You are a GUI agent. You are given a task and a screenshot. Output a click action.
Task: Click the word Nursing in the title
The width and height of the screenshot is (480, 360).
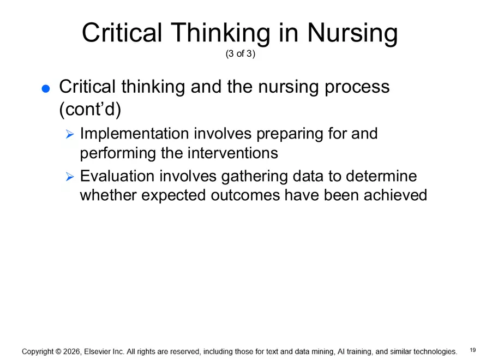352,34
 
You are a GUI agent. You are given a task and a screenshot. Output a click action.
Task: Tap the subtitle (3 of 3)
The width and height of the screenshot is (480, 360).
240,55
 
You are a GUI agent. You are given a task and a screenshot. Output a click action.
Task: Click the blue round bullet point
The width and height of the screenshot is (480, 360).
45,89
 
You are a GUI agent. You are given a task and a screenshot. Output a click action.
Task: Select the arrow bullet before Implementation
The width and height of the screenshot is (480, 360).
69,134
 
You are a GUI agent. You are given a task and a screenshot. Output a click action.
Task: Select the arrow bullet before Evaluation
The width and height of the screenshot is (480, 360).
69,177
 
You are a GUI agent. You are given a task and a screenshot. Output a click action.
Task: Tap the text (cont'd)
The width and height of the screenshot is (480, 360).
89,109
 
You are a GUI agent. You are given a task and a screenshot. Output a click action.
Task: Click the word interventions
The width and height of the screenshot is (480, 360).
232,153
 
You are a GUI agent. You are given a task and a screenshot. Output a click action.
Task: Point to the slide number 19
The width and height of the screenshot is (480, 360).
472,349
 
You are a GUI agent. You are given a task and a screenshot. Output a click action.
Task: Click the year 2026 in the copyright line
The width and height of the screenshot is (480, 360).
72,352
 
